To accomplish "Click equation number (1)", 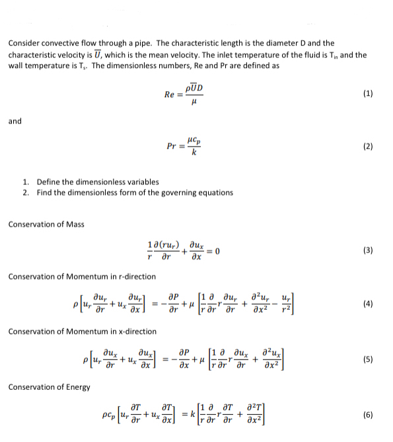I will tap(368, 93).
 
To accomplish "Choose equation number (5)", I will tap(368, 359).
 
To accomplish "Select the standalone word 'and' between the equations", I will tap(15, 121).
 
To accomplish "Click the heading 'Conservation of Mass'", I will tap(46, 224).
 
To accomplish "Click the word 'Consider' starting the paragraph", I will tap(24, 43).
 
